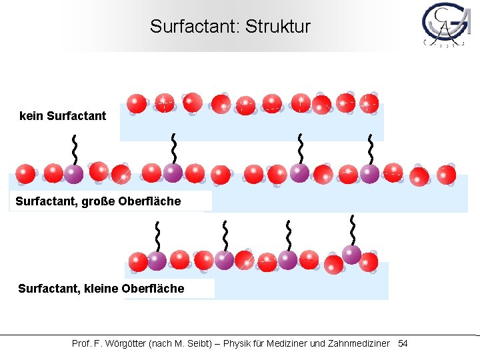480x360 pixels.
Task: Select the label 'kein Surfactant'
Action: tap(63, 116)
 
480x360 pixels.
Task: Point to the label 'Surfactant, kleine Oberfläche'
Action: tap(101, 289)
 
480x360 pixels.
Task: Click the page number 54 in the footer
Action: tap(403, 343)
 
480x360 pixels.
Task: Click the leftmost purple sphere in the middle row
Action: tap(73, 174)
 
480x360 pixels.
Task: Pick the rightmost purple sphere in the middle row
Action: tap(369, 174)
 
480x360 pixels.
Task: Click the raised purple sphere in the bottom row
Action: tap(351, 254)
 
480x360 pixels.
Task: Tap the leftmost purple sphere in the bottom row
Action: tap(157, 261)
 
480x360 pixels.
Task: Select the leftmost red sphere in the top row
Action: tap(137, 103)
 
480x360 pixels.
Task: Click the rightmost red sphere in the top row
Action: tap(369, 104)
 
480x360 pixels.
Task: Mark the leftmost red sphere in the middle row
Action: tap(26, 174)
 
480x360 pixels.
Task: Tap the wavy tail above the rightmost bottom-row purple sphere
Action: tap(351, 230)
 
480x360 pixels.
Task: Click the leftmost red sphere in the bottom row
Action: tap(138, 261)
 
